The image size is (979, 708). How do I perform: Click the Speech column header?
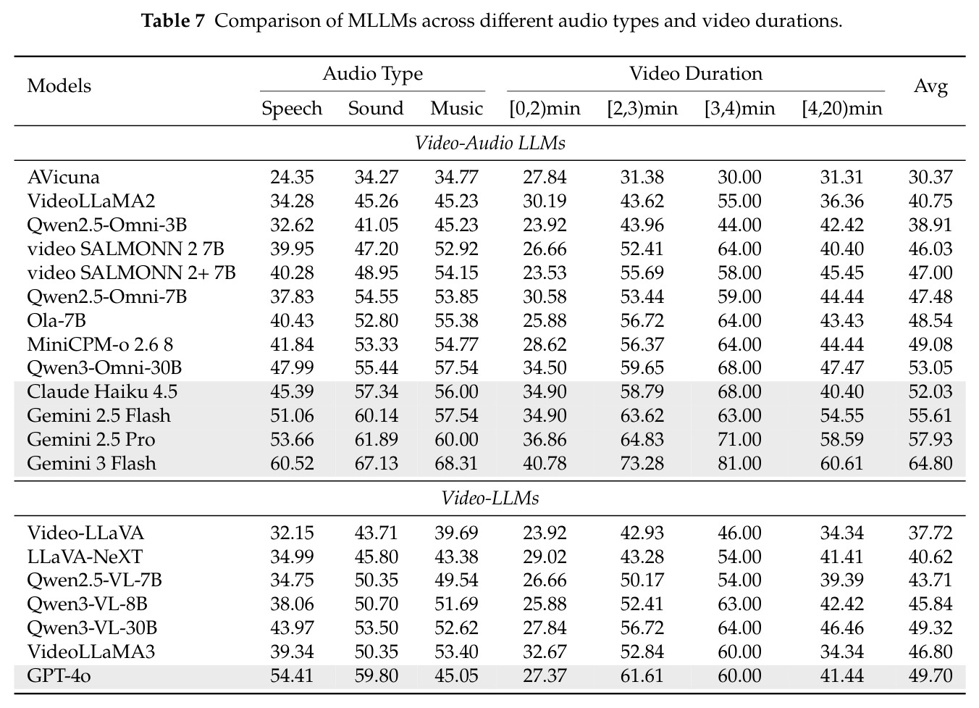[292, 109]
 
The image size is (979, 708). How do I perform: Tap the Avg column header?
[930, 86]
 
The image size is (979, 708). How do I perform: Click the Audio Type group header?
[372, 74]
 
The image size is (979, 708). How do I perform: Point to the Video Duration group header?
[695, 73]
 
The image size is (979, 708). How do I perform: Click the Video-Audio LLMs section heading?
[489, 143]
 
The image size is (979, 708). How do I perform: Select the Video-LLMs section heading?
[489, 498]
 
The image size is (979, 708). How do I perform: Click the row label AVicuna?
[64, 177]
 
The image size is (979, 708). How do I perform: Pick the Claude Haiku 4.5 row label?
[102, 391]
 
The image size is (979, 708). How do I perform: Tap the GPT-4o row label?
[59, 675]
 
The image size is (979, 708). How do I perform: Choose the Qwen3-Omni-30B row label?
[104, 367]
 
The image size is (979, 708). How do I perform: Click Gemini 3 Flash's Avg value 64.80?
[930, 463]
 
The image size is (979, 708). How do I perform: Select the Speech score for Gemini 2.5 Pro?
[292, 439]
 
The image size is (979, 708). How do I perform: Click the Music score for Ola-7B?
[456, 320]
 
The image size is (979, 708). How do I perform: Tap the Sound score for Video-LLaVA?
[377, 533]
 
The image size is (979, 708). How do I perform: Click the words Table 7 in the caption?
[173, 20]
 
